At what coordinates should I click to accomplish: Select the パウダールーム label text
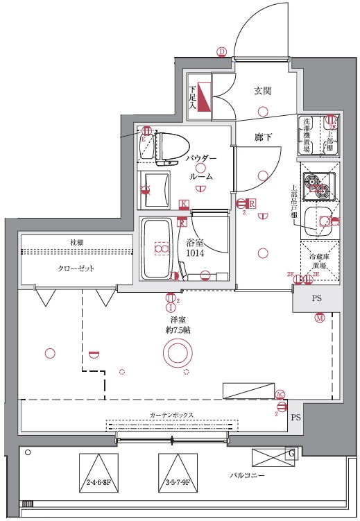(201, 167)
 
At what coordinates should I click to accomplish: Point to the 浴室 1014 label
(195, 248)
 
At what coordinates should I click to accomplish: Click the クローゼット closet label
(76, 268)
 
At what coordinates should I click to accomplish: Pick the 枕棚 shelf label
(76, 241)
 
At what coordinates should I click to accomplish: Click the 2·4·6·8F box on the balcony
(99, 472)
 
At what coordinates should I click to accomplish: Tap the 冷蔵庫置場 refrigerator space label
(318, 261)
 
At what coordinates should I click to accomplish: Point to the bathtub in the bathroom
(160, 248)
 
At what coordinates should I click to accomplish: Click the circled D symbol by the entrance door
(222, 51)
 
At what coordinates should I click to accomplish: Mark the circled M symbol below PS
(319, 318)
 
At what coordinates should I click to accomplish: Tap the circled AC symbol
(280, 394)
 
